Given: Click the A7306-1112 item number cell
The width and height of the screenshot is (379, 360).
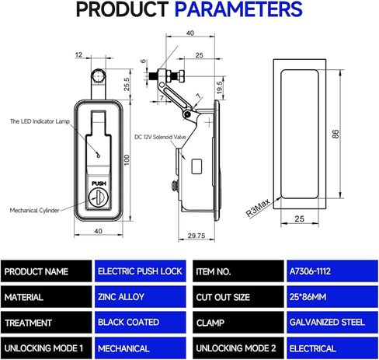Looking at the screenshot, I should click(319, 272).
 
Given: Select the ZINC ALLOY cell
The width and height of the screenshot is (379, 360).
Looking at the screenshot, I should click(123, 297).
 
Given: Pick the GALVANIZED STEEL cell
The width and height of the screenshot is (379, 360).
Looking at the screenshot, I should click(328, 323).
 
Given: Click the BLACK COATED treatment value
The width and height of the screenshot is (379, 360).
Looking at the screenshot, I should click(128, 323).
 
